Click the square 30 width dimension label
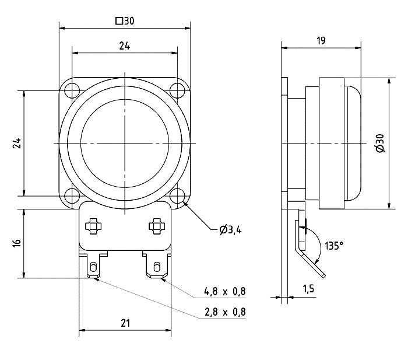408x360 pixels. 125,21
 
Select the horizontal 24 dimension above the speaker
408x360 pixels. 125,47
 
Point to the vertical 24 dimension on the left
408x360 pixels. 17,143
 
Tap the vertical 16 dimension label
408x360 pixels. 17,242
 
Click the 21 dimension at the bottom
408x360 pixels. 125,322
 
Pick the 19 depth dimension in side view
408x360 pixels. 321,40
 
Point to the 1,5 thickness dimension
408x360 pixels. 309,288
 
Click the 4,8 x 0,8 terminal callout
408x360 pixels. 224,291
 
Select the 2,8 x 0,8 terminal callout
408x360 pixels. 224,312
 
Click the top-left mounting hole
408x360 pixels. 72,91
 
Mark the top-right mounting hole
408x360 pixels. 177,90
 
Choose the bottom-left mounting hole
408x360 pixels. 72,195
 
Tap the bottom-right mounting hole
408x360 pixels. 177,195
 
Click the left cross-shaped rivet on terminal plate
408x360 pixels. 93,225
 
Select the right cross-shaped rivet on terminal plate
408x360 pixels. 156,225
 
